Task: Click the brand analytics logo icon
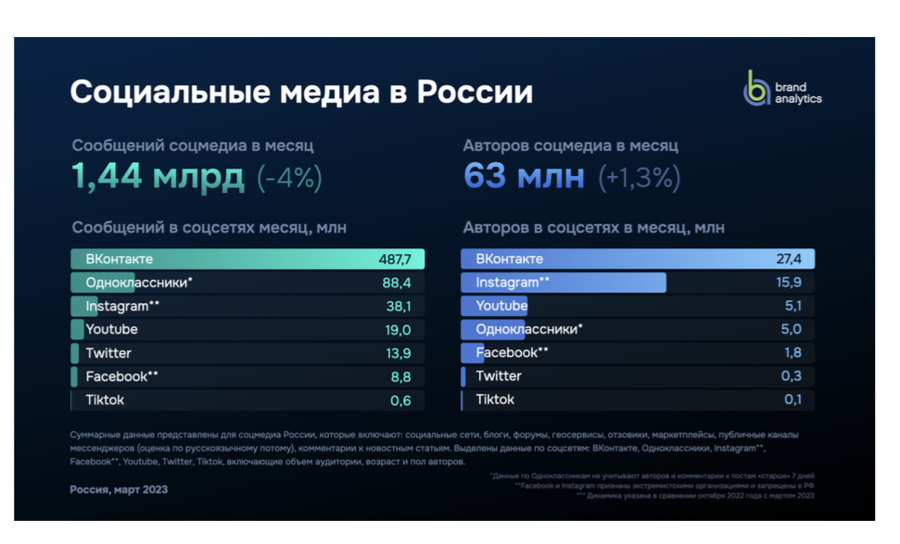757,89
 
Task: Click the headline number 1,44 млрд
158,176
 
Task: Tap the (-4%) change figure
289,177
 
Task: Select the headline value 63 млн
524,176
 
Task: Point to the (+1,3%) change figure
640,177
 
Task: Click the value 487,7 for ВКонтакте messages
396,259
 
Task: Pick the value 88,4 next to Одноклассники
397,283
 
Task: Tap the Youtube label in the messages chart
111,330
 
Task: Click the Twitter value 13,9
398,353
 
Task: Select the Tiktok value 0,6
400,400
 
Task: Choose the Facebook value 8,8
400,377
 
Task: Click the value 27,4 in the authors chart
789,259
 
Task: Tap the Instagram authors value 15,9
789,283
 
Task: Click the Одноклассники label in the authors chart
528,329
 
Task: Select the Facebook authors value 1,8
792,353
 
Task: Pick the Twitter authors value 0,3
792,376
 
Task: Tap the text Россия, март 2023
119,489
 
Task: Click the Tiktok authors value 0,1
792,399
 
